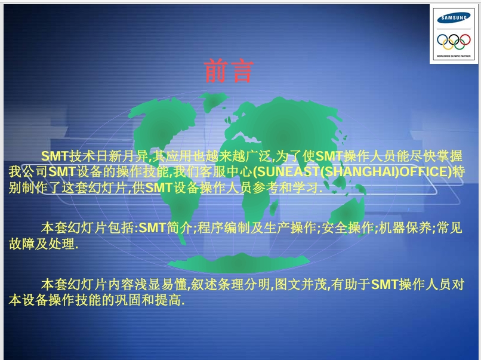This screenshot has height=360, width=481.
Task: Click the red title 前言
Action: tap(229, 70)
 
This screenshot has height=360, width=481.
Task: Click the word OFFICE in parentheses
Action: tap(421, 173)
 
